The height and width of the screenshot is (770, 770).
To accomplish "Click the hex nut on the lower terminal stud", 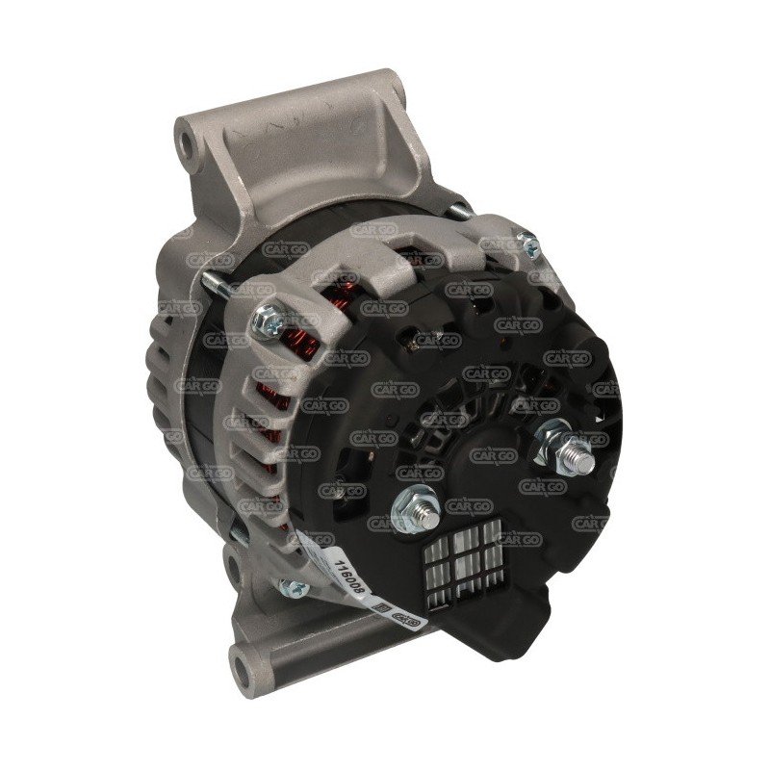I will (411, 502).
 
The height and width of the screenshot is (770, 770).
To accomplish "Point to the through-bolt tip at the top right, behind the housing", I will (460, 207).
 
